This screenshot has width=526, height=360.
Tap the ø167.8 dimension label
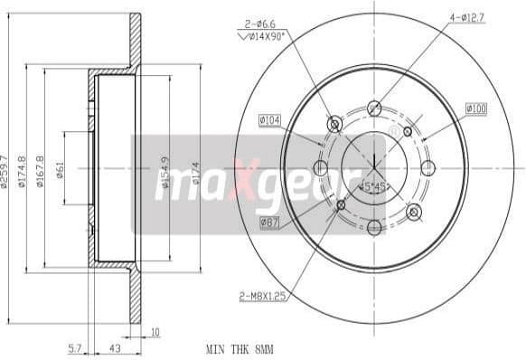(x=40, y=171)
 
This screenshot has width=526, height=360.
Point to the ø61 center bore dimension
(x=59, y=169)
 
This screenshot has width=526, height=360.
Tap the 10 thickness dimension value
(x=156, y=332)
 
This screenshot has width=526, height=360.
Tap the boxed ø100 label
(x=476, y=109)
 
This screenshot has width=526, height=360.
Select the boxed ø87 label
(x=269, y=223)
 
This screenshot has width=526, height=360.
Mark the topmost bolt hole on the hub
(x=374, y=108)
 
